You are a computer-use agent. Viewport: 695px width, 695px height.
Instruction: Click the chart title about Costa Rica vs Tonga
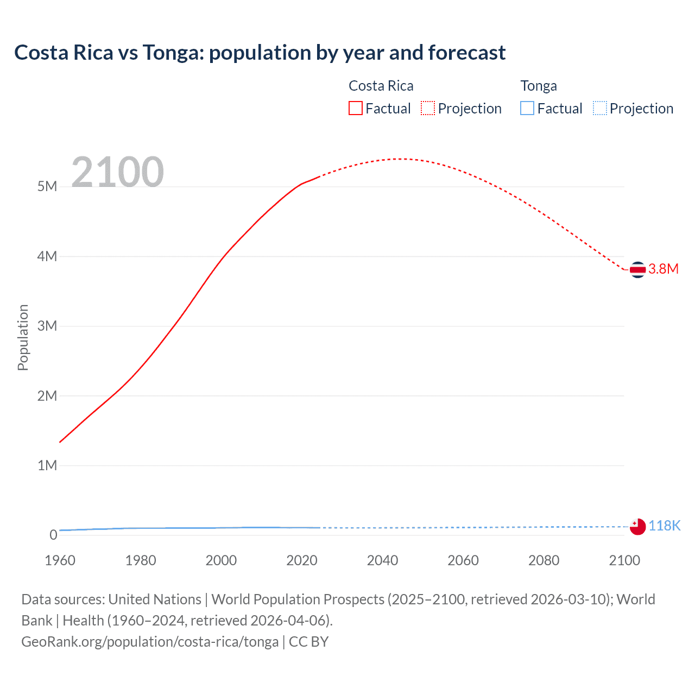point(260,53)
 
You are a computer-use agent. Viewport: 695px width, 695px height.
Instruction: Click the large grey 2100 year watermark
point(117,172)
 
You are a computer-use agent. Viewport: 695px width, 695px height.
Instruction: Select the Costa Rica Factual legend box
point(355,108)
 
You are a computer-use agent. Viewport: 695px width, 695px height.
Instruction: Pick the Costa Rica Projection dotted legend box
point(428,108)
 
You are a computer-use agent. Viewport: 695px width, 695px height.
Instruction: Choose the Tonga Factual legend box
point(527,108)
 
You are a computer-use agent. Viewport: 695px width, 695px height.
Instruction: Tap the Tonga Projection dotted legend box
point(599,108)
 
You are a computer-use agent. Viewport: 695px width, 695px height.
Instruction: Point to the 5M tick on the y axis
point(47,187)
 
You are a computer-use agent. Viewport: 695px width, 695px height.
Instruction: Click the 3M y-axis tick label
point(47,326)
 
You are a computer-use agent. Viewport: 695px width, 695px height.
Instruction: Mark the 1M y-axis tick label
point(47,465)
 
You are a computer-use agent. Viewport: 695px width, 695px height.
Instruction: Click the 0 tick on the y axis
point(53,535)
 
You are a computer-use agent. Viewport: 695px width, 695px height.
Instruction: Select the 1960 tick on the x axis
point(60,560)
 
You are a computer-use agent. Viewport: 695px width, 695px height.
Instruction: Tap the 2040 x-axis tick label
point(382,560)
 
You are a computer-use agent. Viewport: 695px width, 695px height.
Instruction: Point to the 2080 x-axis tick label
point(544,560)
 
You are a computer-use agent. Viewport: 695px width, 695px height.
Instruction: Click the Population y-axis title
point(23,337)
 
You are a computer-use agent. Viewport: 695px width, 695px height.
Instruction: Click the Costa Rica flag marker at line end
point(637,269)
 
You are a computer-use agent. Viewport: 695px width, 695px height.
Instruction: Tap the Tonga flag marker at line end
point(637,526)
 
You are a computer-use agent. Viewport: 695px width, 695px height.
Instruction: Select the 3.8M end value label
point(664,269)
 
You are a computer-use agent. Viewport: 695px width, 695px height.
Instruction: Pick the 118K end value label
point(664,526)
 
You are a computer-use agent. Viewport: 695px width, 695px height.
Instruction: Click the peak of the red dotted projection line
point(399,159)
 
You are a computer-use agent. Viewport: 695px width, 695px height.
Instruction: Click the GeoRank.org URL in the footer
point(150,642)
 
